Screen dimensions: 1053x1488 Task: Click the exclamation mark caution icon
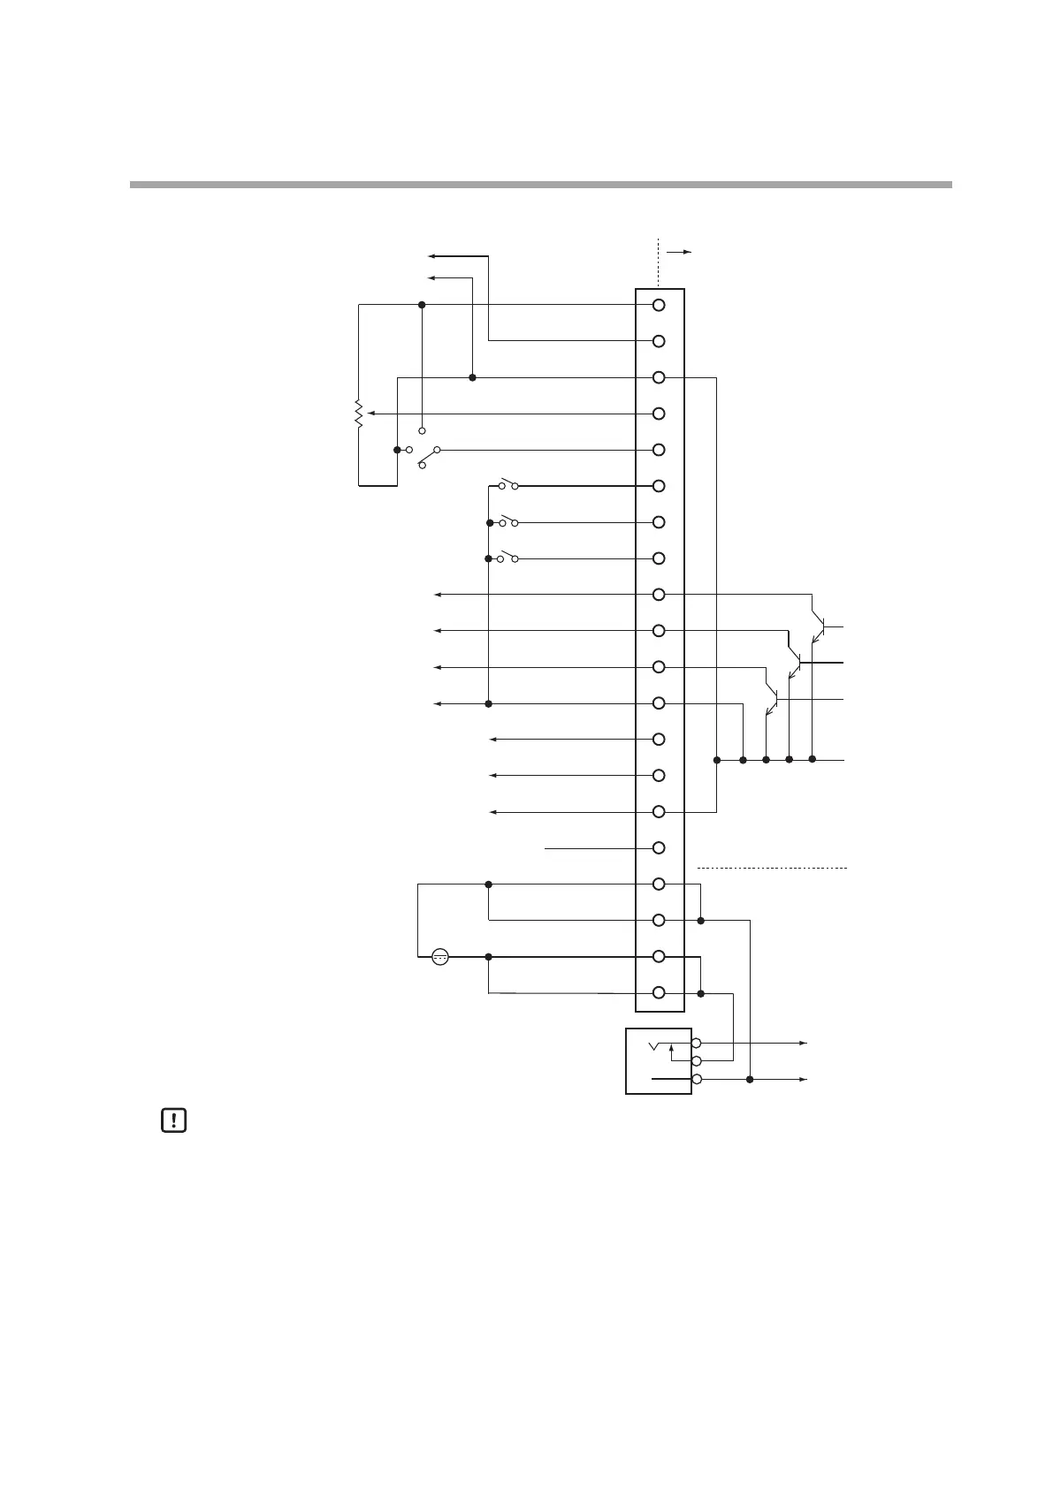click(x=174, y=1121)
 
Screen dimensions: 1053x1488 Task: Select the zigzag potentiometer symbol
click(x=358, y=414)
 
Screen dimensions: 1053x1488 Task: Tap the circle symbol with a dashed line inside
click(x=440, y=956)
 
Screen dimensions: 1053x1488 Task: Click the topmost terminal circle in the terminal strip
click(x=659, y=305)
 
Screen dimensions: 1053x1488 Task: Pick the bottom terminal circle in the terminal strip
click(x=659, y=992)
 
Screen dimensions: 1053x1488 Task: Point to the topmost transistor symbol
click(x=819, y=628)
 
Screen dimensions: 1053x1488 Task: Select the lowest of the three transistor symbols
click(x=772, y=701)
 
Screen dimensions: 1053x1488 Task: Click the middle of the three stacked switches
click(x=508, y=521)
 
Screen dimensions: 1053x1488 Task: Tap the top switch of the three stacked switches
click(x=508, y=484)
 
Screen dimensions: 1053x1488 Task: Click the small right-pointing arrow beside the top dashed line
click(x=680, y=252)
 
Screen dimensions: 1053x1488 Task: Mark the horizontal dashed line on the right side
click(x=772, y=869)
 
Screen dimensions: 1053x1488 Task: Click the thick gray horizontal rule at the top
click(x=540, y=185)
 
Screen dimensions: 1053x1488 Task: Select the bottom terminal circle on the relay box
click(x=696, y=1079)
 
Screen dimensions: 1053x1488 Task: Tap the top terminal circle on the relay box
click(x=696, y=1043)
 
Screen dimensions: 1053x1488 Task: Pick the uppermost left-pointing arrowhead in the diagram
click(x=431, y=256)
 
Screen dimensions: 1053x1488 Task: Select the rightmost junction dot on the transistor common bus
click(x=812, y=759)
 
